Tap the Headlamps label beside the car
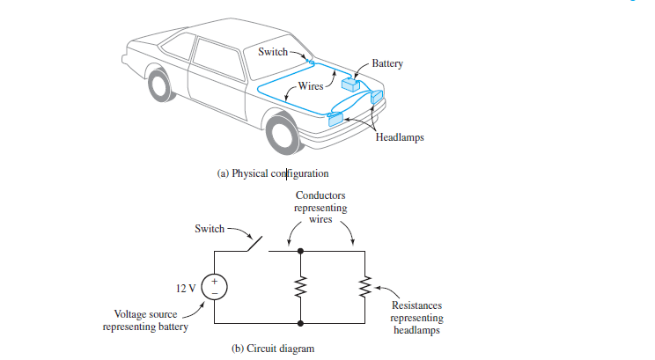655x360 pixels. point(400,137)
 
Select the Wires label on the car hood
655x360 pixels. point(312,86)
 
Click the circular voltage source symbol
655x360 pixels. point(215,286)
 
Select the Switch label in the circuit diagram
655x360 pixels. point(210,229)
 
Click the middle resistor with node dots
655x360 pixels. point(302,286)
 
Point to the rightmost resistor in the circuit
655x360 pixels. point(364,286)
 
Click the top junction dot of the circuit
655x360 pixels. point(302,251)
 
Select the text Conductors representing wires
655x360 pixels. point(320,208)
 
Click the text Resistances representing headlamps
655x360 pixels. point(416,317)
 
